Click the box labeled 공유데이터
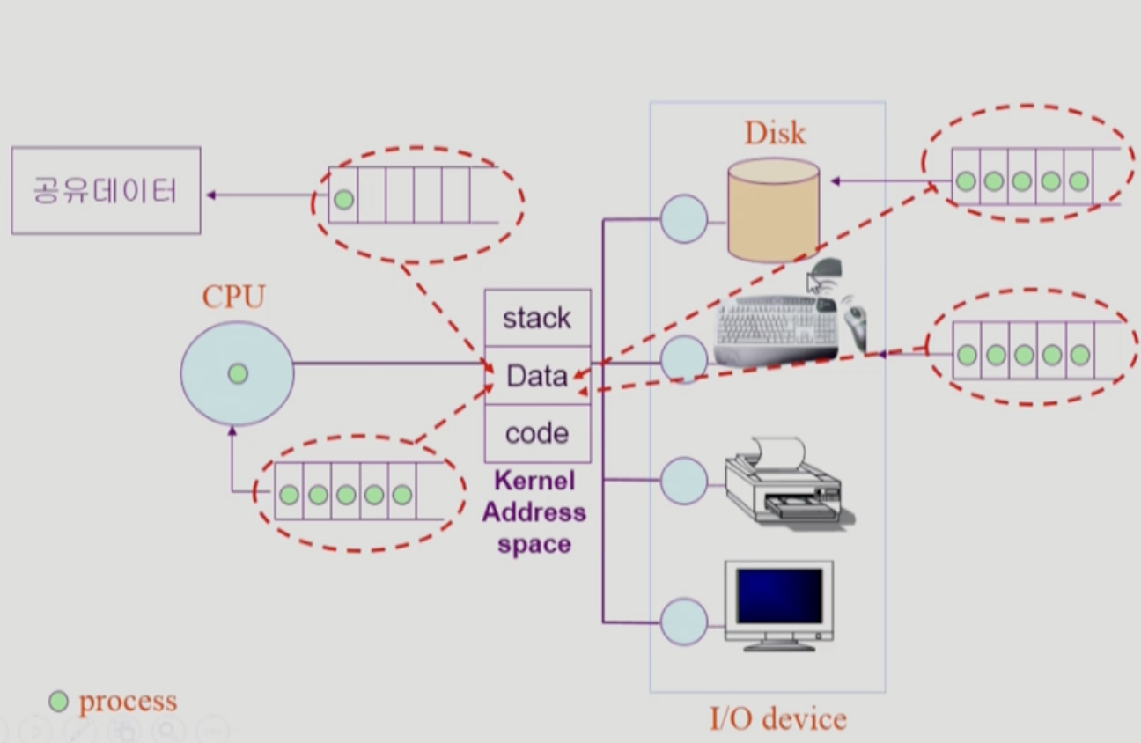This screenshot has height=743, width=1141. pyautogui.click(x=106, y=190)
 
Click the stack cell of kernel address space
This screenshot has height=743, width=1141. pyautogui.click(x=537, y=318)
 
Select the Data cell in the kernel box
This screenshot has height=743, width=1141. pyautogui.click(x=537, y=376)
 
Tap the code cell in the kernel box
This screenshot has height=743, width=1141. pyautogui.click(x=537, y=433)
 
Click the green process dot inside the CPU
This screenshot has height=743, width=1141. pyautogui.click(x=237, y=374)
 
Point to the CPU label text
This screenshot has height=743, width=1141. pyautogui.click(x=233, y=298)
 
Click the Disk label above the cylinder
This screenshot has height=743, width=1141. pyautogui.click(x=775, y=133)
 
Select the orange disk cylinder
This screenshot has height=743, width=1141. pyautogui.click(x=774, y=211)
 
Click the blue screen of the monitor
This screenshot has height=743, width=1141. pyautogui.click(x=780, y=596)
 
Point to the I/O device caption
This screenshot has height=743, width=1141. pyautogui.click(x=777, y=718)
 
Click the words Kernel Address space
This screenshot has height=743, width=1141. pyautogui.click(x=534, y=512)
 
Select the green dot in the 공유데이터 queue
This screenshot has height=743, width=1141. pyautogui.click(x=344, y=200)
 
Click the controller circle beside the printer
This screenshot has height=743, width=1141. pyautogui.click(x=683, y=481)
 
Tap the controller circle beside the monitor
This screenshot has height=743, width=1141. pyautogui.click(x=683, y=622)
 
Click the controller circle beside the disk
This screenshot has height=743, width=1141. pyautogui.click(x=683, y=218)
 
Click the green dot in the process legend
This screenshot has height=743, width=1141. pyautogui.click(x=58, y=702)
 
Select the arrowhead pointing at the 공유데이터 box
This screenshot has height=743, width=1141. pyautogui.click(x=210, y=195)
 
